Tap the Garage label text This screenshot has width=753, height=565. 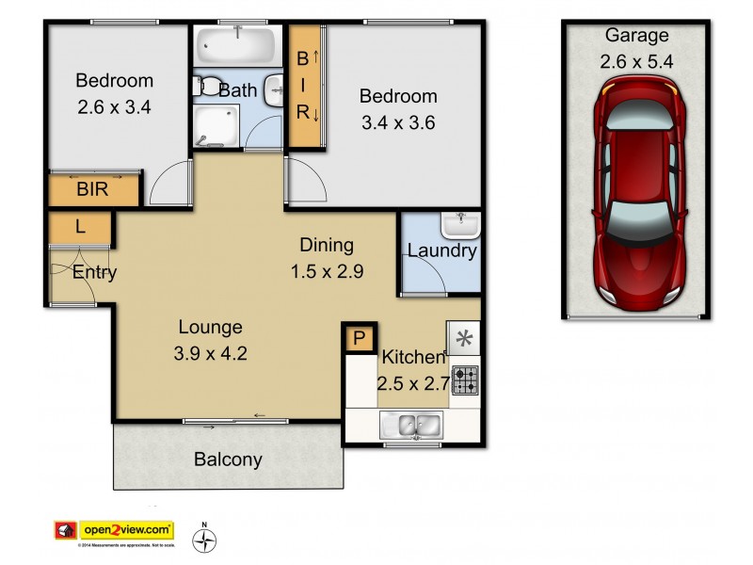(636, 36)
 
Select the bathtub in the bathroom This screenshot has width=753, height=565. (235, 44)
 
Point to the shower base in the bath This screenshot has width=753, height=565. (216, 125)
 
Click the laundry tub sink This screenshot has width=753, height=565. (460, 225)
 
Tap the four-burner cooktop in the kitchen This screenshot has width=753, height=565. (465, 379)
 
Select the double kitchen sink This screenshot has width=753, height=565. (412, 426)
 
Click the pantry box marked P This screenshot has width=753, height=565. (359, 338)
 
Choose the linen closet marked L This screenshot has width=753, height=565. (81, 228)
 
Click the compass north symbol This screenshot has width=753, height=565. (204, 540)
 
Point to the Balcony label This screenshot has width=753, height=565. (228, 460)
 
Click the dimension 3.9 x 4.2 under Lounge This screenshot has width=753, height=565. (211, 354)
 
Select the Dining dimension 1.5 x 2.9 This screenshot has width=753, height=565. (327, 271)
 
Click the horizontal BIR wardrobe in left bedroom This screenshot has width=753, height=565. (94, 189)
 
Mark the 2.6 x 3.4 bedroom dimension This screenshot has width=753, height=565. (113, 106)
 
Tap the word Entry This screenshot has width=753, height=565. (95, 273)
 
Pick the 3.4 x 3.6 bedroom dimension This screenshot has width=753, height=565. (397, 121)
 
